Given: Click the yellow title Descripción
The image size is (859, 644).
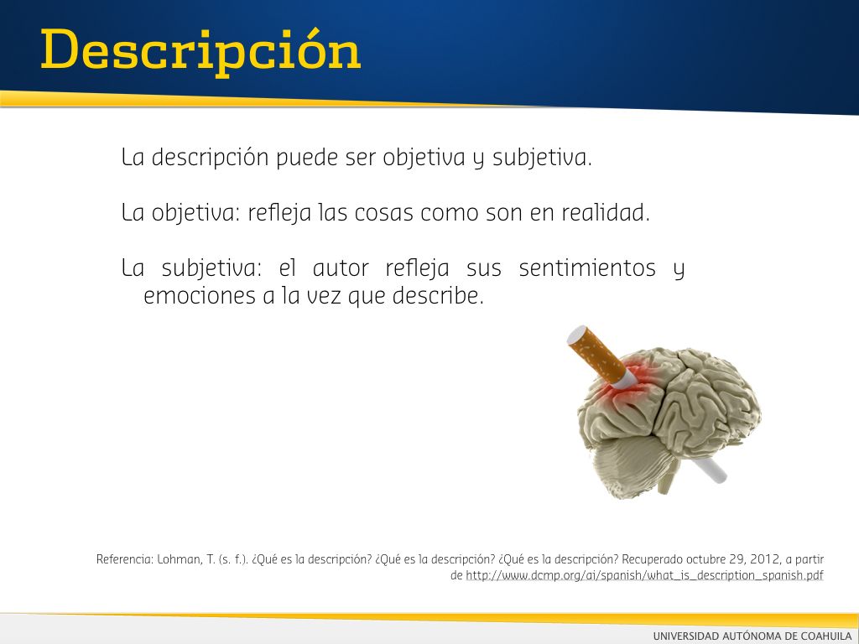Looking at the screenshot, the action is pyautogui.click(x=201, y=52).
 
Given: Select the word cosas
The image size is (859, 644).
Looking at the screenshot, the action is pyautogui.click(x=384, y=213).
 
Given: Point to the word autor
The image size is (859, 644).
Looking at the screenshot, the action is pyautogui.click(x=341, y=269).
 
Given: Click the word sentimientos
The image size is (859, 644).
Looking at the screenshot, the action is pyautogui.click(x=587, y=268).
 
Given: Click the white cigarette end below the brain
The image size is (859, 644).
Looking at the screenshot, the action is pyautogui.click(x=710, y=470).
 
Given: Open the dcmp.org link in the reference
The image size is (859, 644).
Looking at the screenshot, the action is pyautogui.click(x=644, y=575).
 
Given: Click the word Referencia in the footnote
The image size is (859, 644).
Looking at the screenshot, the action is pyautogui.click(x=125, y=559).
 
